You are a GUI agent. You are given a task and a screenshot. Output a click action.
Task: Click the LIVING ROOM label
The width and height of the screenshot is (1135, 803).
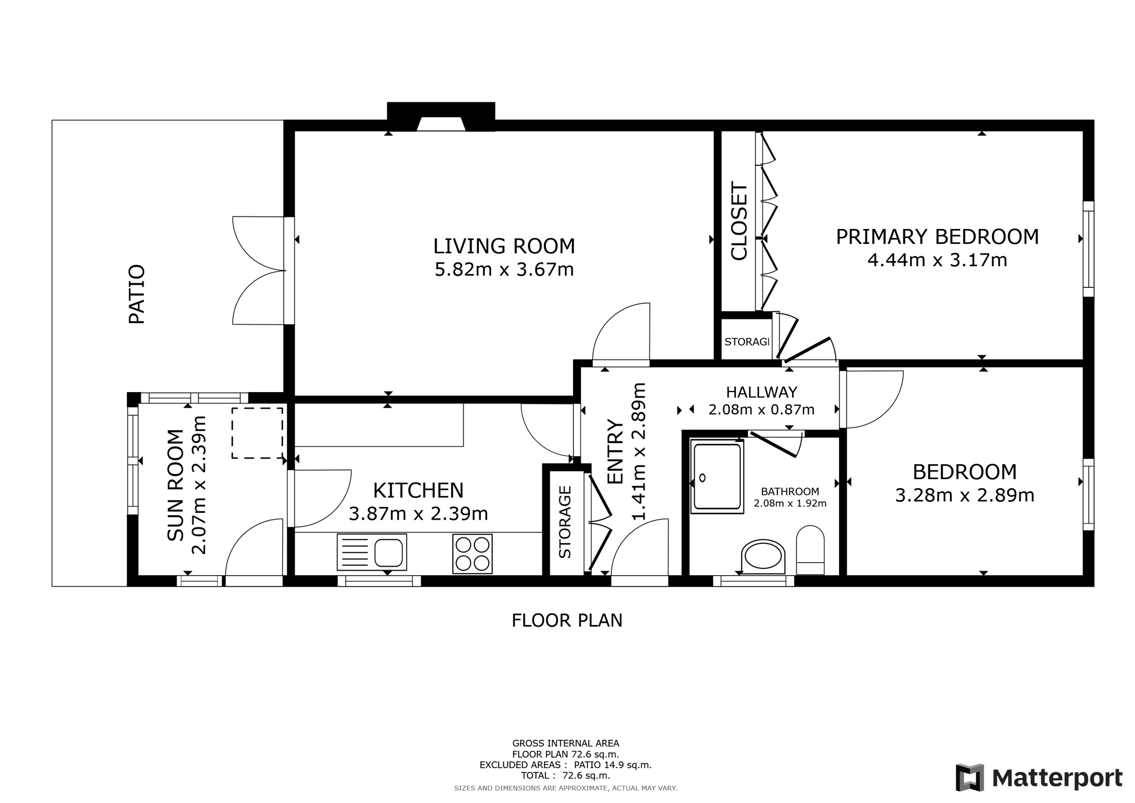[504, 246]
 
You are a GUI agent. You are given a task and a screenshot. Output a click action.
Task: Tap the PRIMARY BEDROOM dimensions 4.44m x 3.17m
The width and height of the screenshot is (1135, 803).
[937, 260]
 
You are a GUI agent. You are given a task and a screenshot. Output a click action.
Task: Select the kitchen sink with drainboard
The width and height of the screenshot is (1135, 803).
[372, 552]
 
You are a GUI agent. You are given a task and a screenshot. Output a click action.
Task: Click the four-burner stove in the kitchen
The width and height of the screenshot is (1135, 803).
[472, 553]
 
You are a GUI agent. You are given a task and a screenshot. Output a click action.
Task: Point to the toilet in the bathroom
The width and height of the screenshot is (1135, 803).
[810, 550]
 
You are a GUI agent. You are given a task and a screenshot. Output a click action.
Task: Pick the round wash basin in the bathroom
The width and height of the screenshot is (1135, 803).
[763, 556]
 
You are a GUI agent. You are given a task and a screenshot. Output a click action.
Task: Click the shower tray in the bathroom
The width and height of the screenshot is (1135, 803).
[717, 476]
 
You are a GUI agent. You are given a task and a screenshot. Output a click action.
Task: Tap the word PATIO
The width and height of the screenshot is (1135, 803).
[137, 294]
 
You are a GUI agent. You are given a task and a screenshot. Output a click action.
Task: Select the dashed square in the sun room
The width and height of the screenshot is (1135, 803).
[257, 433]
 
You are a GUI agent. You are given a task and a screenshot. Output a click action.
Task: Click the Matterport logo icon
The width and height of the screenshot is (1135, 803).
[969, 777]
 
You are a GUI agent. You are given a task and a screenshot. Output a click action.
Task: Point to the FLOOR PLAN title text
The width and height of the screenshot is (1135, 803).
[567, 620]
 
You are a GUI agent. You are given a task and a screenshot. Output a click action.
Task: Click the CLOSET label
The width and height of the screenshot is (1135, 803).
[739, 221]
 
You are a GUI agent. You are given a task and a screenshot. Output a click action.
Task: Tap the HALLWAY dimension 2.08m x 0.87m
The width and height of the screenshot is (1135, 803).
[761, 410]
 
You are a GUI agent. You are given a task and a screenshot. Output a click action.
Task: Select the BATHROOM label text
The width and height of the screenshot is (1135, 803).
[790, 491]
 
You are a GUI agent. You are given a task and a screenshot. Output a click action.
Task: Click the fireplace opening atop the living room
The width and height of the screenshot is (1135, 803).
[441, 124]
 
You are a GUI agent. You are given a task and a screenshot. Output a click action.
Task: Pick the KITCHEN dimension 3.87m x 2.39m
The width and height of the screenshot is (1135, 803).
[418, 514]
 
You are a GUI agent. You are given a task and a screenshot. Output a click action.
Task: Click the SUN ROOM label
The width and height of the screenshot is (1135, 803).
[175, 485]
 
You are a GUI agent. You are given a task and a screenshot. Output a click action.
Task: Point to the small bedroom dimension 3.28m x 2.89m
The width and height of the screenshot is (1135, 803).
[965, 495]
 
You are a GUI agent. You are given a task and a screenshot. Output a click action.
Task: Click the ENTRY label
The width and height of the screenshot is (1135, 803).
[615, 451]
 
